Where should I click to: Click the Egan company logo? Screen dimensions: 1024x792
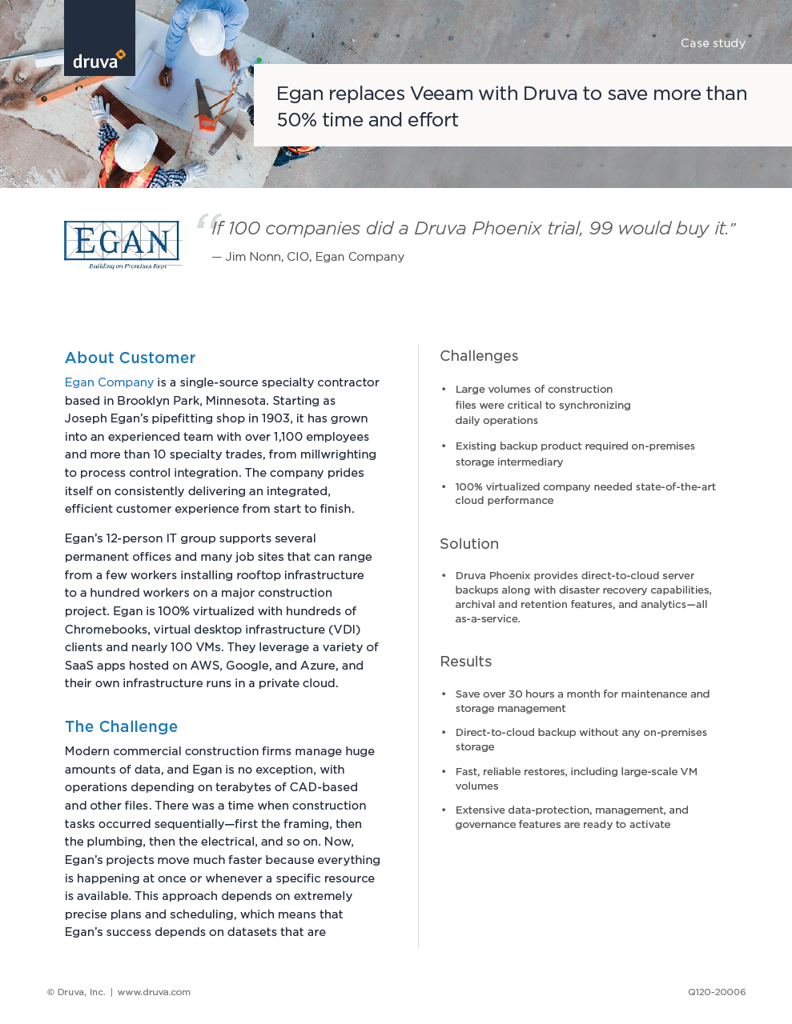tap(122, 243)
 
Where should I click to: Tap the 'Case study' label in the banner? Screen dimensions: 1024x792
tap(713, 43)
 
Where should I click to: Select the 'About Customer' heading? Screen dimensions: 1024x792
tap(130, 358)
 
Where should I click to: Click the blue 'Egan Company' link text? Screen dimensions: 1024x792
tap(109, 382)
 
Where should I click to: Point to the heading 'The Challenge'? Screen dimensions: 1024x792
tap(121, 726)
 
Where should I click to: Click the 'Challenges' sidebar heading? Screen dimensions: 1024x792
tap(479, 356)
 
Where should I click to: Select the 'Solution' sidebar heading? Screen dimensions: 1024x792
tap(469, 544)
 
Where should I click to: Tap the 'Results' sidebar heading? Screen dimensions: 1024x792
tap(465, 662)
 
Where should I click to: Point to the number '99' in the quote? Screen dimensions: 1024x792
tap(601, 228)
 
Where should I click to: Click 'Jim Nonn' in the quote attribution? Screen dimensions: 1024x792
tap(251, 257)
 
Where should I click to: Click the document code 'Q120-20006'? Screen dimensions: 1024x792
tap(717, 992)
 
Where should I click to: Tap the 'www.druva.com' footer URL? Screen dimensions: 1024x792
tap(154, 992)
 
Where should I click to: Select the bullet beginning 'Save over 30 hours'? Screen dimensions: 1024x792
tap(582, 701)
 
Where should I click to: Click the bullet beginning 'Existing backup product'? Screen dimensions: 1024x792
tap(575, 454)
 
